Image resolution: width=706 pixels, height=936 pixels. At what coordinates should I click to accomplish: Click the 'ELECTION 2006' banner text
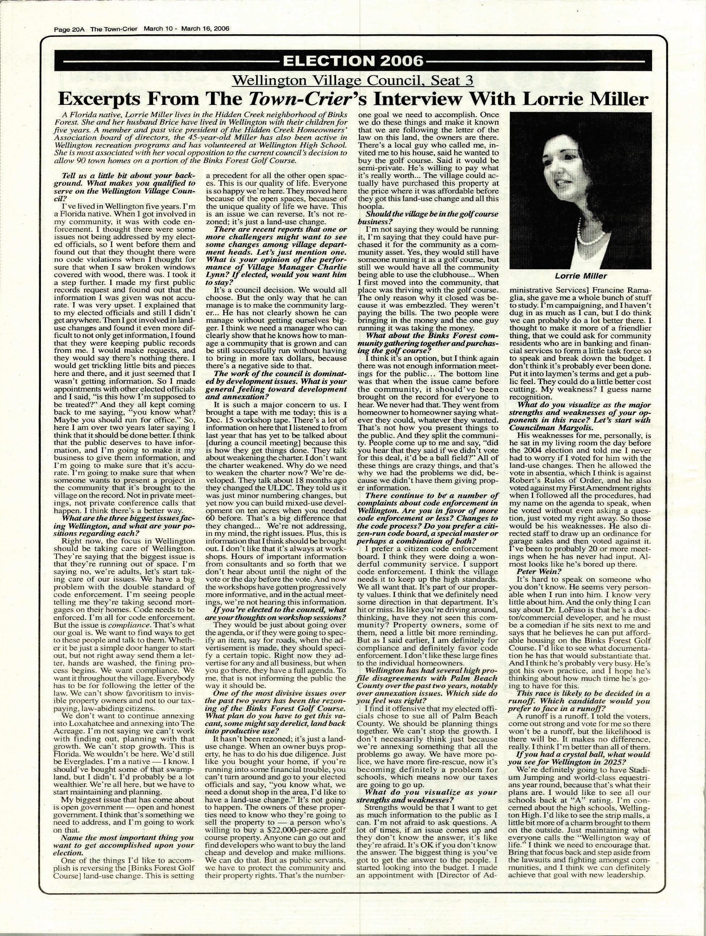tap(352, 61)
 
